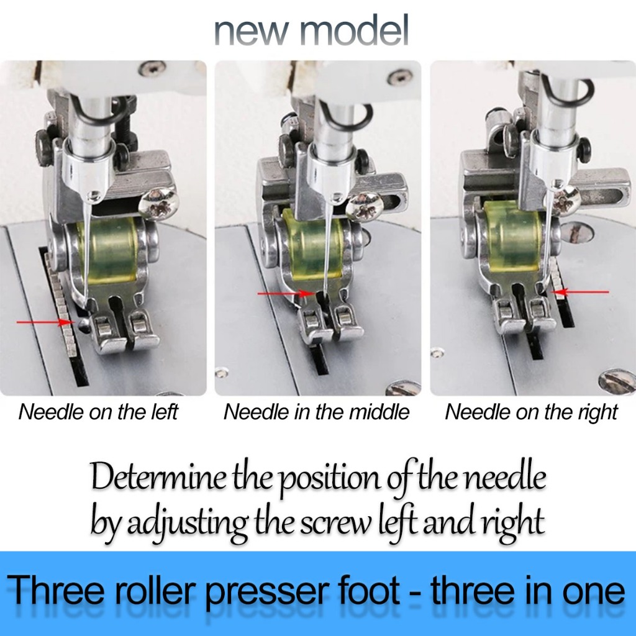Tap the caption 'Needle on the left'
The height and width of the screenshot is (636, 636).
[x=98, y=412]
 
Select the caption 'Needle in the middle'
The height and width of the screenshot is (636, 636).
[x=317, y=412]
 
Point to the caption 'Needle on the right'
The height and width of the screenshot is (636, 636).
[x=532, y=412]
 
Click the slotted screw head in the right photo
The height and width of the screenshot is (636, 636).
[x=616, y=380]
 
